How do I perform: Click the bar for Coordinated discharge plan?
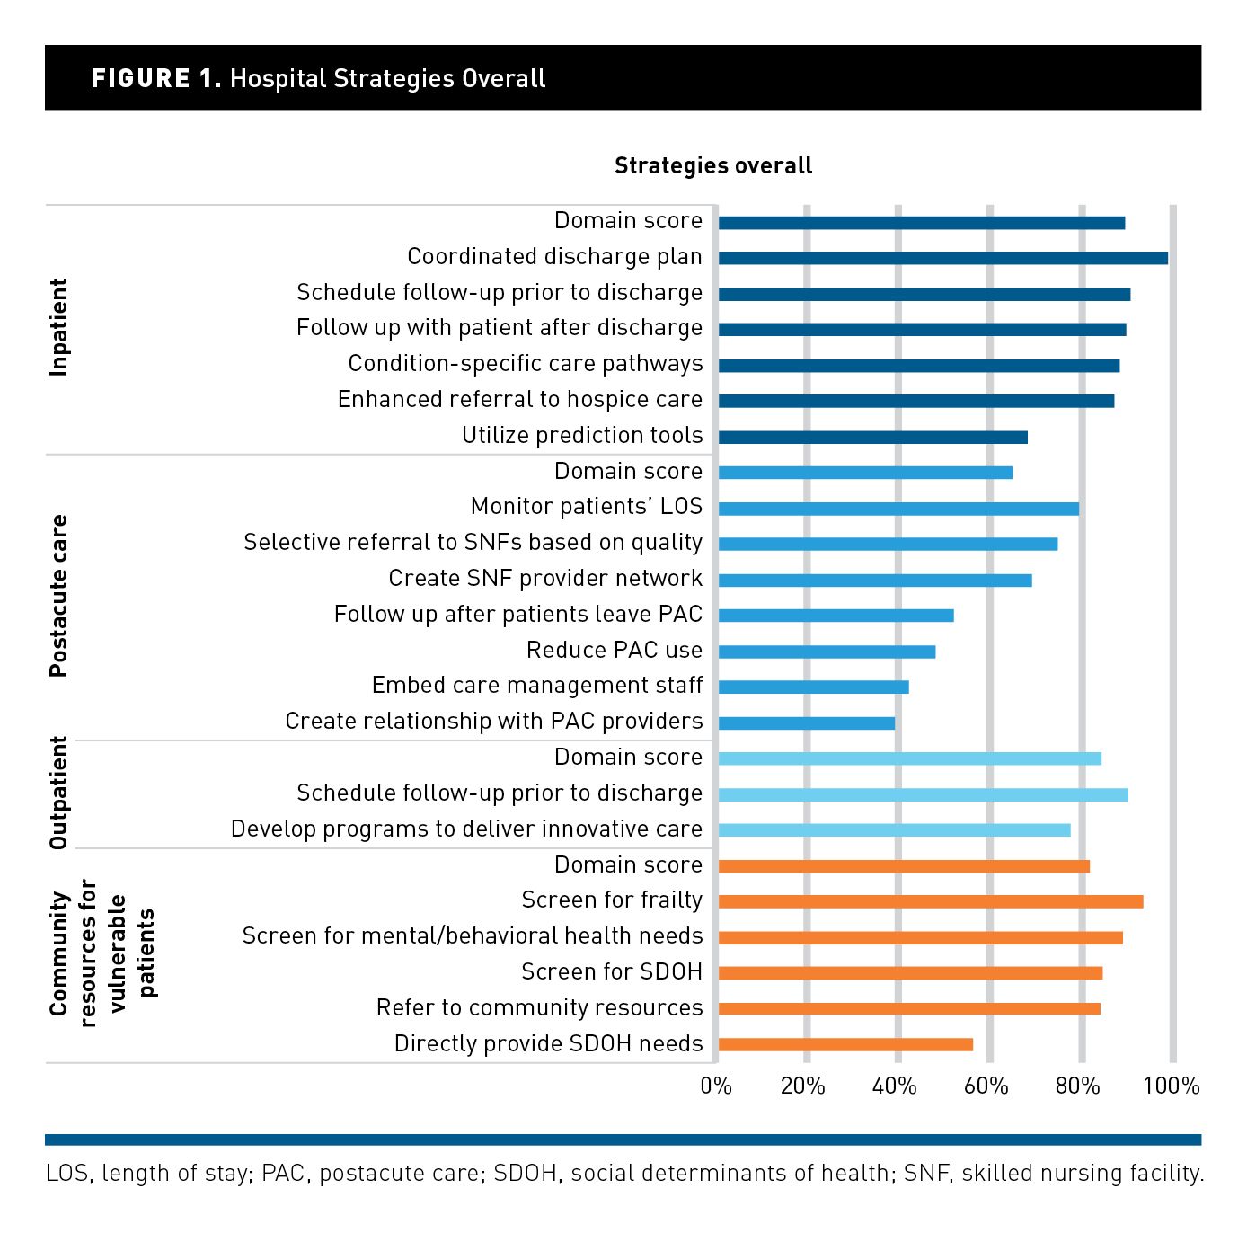coord(942,258)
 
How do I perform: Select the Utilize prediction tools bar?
coord(872,438)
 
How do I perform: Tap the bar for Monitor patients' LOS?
coord(898,509)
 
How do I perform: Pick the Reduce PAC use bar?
coord(827,652)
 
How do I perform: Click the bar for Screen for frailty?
coord(931,901)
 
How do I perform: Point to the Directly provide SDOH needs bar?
coord(845,1044)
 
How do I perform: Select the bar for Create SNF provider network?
coord(875,580)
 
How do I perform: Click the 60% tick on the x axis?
coord(986,1086)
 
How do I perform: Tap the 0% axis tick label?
coord(716,1086)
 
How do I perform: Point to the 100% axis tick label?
coord(1171,1086)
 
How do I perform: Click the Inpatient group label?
coord(58,327)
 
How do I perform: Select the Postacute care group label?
coord(58,596)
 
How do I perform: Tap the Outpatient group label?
coord(58,793)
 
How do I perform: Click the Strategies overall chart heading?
coord(713,165)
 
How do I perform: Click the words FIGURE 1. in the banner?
coord(155,78)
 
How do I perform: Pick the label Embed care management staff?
coord(537,686)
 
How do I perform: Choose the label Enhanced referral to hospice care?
coord(520,399)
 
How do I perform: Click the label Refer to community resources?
coord(539,1007)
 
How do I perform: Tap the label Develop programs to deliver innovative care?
coord(466,829)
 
